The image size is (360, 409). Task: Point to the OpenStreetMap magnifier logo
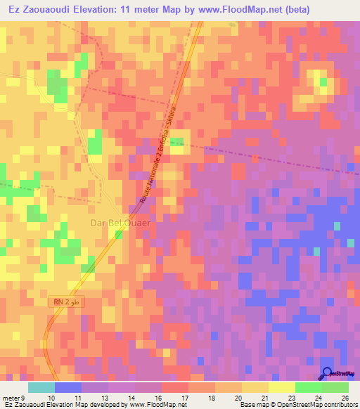(x=328, y=373)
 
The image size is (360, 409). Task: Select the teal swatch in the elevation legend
(x=41, y=387)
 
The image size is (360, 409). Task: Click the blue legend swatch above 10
(x=68, y=387)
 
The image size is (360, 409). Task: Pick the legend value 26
(x=345, y=397)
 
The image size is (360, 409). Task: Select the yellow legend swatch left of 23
(x=282, y=387)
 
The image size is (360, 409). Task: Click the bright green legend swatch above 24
(x=309, y=387)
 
